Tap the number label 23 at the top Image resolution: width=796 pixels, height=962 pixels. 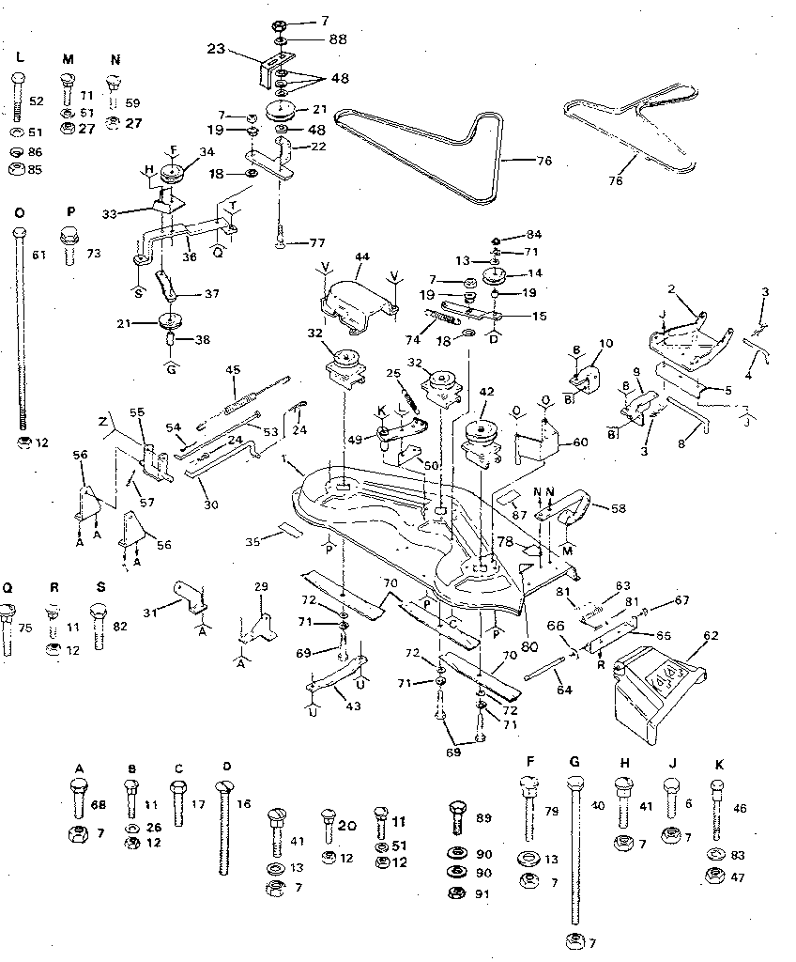(216, 48)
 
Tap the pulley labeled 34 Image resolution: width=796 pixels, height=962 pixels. (172, 176)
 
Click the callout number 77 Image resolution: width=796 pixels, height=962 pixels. (317, 242)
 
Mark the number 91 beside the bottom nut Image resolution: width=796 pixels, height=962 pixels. (484, 892)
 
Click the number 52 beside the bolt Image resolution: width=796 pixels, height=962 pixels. (38, 101)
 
